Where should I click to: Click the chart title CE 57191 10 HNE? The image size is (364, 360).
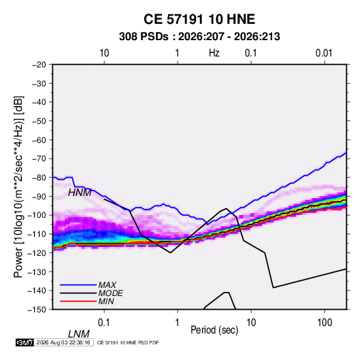[x=199, y=19]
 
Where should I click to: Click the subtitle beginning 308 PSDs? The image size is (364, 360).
[x=199, y=37]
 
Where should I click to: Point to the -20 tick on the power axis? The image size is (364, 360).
[x=39, y=65]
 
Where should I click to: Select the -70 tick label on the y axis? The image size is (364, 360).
[x=39, y=159]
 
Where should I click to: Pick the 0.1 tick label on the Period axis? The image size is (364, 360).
[x=103, y=323]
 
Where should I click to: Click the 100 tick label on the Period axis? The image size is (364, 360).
[x=325, y=323]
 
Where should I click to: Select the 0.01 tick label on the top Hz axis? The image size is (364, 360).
[x=324, y=53]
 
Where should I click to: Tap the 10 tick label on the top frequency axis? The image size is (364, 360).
[x=104, y=53]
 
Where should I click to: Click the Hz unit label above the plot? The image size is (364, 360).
[x=214, y=53]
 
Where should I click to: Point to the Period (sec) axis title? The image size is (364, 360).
[x=214, y=330]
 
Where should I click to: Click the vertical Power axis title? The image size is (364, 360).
[x=18, y=187]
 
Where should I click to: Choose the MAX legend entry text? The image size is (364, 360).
[x=107, y=285]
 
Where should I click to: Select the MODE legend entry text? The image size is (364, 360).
[x=110, y=293]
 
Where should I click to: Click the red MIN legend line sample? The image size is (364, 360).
[x=78, y=301]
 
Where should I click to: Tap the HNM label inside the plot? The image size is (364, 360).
[x=80, y=193]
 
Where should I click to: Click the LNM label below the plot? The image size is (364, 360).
[x=78, y=334]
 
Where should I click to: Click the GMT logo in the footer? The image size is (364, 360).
[x=25, y=342]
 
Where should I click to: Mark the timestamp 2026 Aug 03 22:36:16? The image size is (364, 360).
[x=63, y=342]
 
